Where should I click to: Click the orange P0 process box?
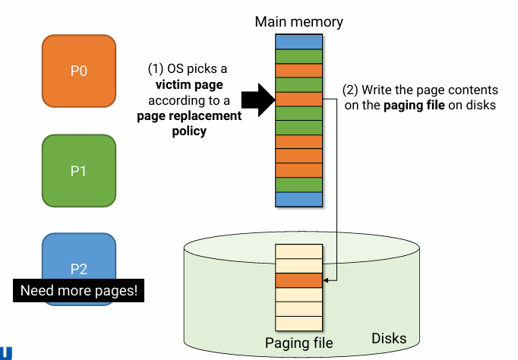point(79,71)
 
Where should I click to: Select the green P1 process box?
point(79,171)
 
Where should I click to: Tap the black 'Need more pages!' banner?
point(79,290)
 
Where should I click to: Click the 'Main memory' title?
point(298,22)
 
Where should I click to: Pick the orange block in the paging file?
point(299,280)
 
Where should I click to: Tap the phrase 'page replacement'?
point(189,116)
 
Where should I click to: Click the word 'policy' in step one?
point(189,131)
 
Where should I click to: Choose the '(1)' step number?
point(156,68)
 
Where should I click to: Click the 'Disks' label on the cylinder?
point(388,338)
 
